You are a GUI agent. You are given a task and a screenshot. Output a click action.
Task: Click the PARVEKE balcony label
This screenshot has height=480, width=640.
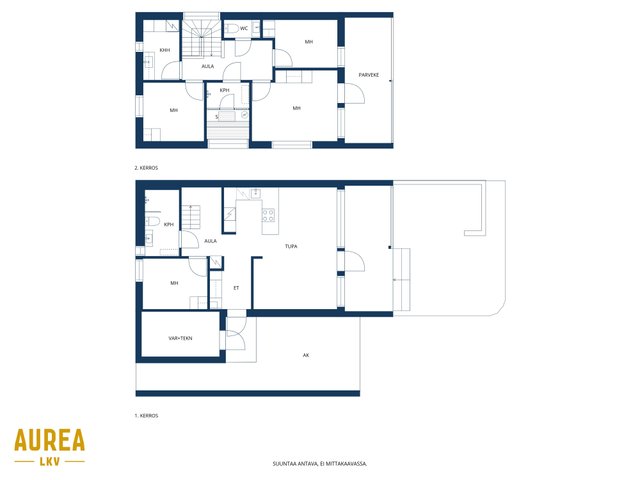[369, 75]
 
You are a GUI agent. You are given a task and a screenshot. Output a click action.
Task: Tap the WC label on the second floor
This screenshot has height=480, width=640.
[244, 29]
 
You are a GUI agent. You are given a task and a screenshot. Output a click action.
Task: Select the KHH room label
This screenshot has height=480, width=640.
[165, 50]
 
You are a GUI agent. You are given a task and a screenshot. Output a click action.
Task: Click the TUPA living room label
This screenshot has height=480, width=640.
[291, 246]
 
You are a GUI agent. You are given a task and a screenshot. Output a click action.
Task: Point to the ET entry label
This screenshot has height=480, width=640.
[236, 288]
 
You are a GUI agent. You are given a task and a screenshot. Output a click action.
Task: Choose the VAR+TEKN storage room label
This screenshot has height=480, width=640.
[180, 338]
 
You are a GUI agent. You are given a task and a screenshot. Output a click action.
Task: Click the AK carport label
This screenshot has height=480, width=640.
[306, 356]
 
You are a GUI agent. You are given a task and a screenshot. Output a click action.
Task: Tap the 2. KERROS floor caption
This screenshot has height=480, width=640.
[146, 168]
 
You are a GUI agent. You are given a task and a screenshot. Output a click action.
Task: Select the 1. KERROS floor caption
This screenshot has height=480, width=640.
[146, 416]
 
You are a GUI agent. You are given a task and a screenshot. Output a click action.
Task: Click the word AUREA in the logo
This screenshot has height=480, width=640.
[49, 440]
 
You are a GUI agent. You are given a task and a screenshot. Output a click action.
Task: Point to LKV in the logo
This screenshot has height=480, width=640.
[50, 462]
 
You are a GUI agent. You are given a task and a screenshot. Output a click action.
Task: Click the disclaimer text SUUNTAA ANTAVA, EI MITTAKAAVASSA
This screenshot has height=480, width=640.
[320, 464]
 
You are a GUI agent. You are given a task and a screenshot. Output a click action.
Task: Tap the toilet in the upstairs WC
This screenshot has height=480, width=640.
[231, 29]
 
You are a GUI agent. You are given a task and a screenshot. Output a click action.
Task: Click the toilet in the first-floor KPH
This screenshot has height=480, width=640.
[152, 222]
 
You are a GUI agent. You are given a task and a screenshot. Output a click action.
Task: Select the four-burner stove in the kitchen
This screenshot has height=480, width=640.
[268, 215]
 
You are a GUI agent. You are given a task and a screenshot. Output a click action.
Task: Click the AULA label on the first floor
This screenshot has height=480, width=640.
[210, 241]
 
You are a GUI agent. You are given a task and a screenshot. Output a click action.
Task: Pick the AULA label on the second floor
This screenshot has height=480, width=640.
[208, 66]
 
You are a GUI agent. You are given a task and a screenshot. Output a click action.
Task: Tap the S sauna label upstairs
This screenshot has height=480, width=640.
[217, 117]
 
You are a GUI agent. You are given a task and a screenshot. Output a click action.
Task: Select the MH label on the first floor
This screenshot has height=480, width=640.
[174, 283]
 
